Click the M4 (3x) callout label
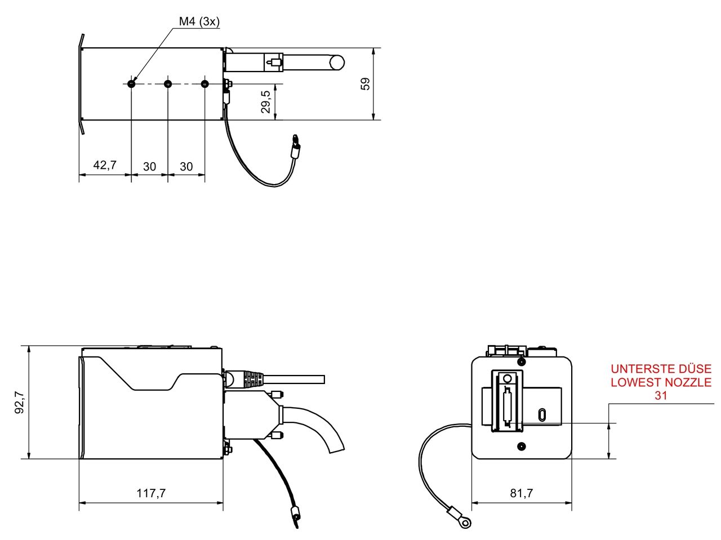[199, 22]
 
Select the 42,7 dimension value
[105, 166]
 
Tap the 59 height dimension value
[366, 84]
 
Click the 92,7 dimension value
[19, 403]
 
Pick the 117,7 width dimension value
[151, 493]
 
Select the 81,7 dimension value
[522, 493]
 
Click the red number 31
[661, 396]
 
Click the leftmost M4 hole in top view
[131, 84]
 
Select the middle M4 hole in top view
[168, 84]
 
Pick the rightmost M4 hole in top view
[204, 84]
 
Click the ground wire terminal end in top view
[295, 148]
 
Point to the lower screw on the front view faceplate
[522, 447]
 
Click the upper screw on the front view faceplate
[522, 360]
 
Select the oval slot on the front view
[541, 415]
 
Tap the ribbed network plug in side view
[248, 378]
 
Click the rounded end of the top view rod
[337, 62]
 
